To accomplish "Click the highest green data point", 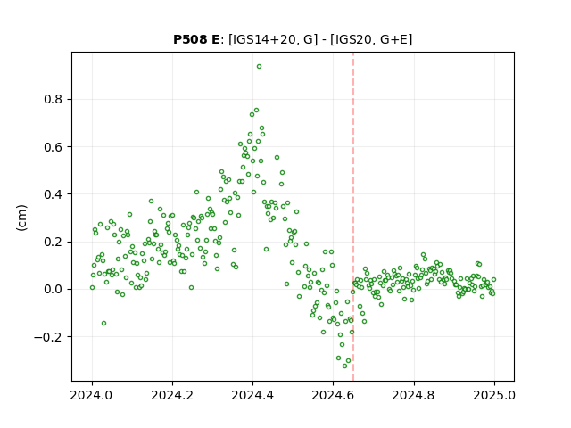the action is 259,67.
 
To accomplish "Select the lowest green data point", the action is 345,366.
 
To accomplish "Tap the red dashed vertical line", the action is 353,217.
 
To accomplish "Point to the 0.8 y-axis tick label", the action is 54,99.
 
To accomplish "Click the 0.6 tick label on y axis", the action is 54,147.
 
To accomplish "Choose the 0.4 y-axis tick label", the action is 54,194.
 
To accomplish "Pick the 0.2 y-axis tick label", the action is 54,242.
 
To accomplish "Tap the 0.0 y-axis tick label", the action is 54,289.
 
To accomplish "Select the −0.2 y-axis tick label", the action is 48,337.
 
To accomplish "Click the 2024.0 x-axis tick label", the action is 92,395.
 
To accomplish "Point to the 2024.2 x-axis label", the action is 172,395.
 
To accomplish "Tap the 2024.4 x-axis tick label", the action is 252,395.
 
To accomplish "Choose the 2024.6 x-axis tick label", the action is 333,395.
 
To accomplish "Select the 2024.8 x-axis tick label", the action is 414,395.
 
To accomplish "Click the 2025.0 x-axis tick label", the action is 494,395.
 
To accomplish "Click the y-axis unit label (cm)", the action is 21,218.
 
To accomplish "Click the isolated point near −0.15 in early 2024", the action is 103,323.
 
